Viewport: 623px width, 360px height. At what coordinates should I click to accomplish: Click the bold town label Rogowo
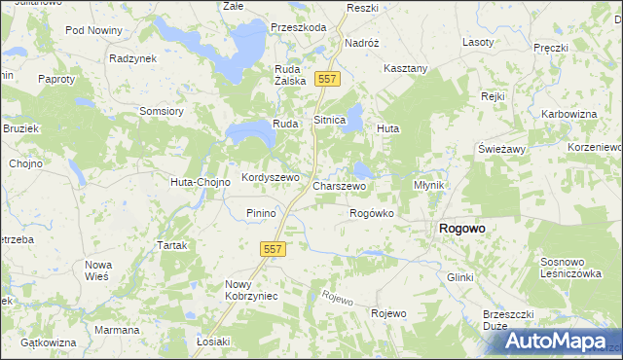coord(462,228)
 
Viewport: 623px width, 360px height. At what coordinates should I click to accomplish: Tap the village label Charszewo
coord(339,185)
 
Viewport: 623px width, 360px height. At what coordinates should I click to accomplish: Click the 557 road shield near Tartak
coord(273,250)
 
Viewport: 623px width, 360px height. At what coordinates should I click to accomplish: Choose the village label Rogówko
coord(371,213)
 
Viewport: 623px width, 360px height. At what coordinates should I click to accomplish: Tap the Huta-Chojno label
coord(200,182)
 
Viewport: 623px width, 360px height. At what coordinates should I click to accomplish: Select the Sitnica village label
coord(329,120)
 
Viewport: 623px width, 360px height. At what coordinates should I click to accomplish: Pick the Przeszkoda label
coord(299,27)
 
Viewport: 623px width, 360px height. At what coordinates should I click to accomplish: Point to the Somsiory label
coord(162,111)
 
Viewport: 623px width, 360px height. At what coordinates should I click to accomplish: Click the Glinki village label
coord(459,277)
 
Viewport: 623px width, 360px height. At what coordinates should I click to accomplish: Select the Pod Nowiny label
coord(93,30)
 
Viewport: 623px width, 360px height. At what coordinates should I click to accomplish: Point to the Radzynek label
coord(133,58)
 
